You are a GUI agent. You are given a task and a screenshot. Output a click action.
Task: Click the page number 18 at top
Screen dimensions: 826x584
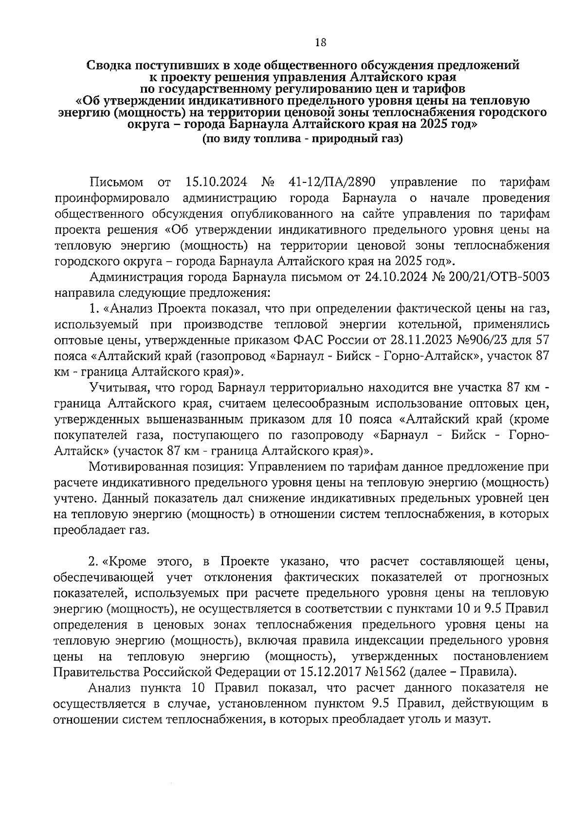320,42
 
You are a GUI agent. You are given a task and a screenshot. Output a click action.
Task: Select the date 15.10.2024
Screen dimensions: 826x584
217,182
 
